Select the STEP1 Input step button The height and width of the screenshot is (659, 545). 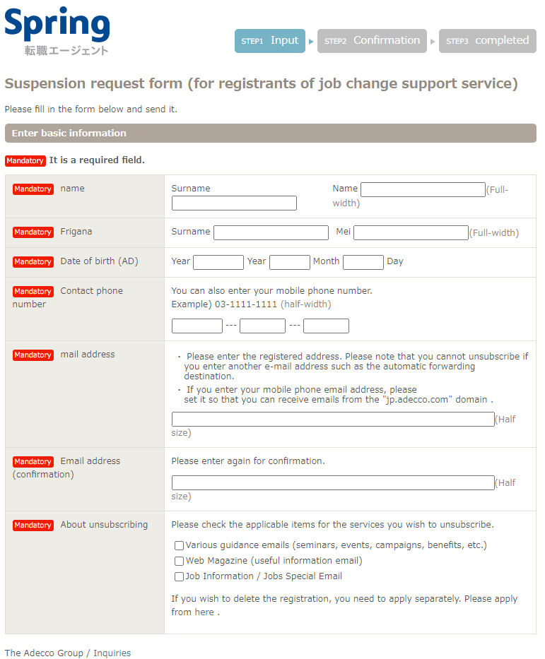(270, 41)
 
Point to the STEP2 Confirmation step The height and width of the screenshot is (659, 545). (372, 41)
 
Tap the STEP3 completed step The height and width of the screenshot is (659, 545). (487, 41)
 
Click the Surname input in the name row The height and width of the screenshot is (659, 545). (234, 203)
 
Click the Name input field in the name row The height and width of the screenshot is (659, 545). (423, 189)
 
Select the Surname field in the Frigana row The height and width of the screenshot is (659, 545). (271, 232)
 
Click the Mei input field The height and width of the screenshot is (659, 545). (411, 232)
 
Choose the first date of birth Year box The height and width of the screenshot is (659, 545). (218, 262)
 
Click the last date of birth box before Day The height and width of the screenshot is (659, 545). (363, 262)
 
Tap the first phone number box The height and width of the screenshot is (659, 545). (197, 326)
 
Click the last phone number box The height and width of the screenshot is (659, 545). (326, 326)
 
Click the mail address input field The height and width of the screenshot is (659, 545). (333, 419)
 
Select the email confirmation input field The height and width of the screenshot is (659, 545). (333, 482)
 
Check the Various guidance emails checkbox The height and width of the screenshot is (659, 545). (180, 545)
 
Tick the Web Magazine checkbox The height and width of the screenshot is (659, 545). (180, 561)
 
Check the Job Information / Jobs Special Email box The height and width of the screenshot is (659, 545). (180, 576)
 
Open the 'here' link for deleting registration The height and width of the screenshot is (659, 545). (204, 612)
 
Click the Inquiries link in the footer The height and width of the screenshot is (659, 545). (112, 653)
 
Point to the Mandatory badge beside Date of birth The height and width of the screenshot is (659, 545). (33, 262)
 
